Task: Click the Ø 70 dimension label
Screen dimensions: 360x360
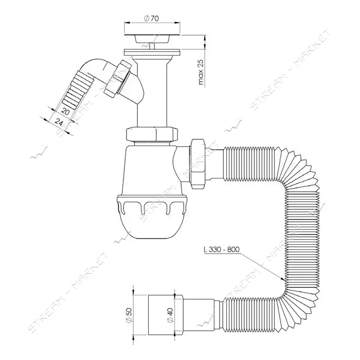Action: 151,19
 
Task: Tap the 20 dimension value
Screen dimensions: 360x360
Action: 65,112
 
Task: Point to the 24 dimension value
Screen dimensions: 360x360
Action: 59,122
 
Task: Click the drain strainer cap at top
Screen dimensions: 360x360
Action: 152,39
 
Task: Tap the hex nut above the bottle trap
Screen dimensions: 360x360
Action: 152,134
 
